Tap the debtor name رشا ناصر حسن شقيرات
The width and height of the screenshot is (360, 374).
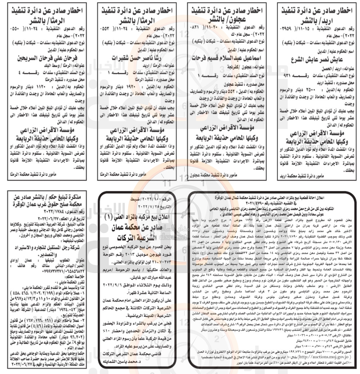pos(135,57)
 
